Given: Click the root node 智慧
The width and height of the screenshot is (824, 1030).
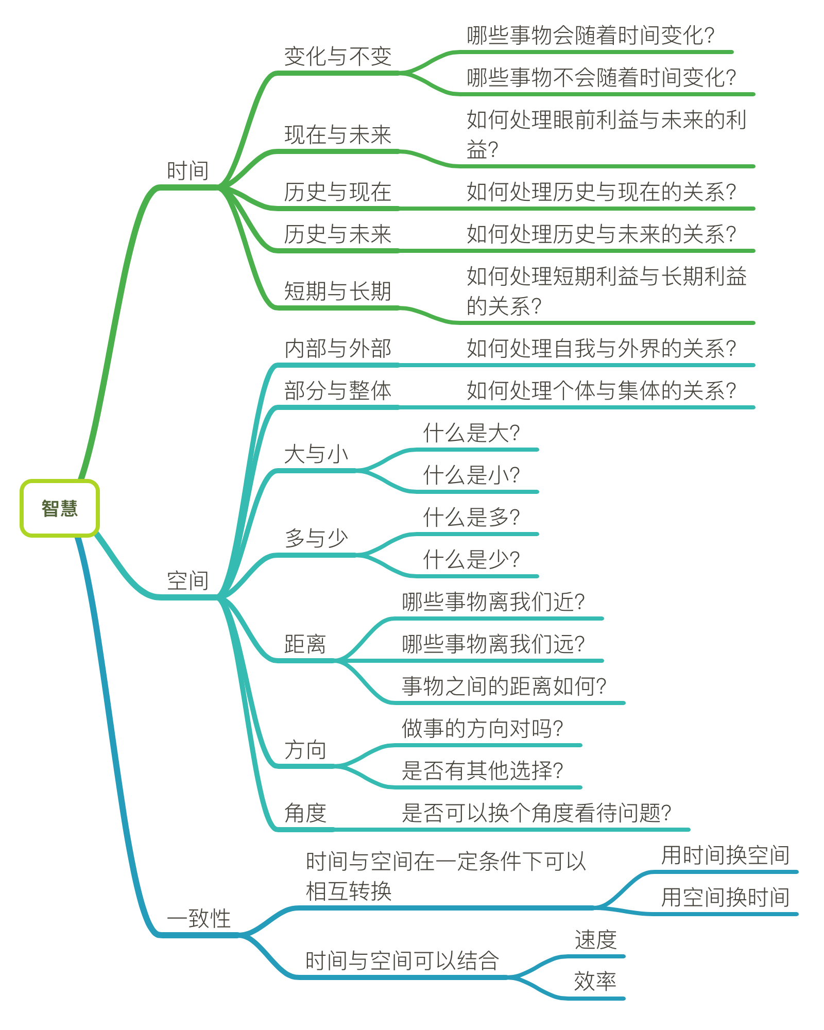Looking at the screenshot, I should (59, 508).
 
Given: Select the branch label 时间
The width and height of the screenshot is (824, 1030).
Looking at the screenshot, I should (187, 171).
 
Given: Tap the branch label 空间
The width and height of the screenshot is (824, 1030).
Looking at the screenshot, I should (187, 581).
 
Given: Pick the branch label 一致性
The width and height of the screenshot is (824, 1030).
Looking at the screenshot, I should (199, 919).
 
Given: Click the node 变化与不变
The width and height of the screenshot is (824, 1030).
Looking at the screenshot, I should (338, 57).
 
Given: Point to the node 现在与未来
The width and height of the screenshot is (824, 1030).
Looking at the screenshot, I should (338, 135).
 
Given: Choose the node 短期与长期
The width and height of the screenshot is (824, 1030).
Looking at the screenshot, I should (338, 291).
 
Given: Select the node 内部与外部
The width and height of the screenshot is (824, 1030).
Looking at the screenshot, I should (338, 349).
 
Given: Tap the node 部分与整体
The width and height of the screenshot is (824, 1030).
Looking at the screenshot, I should (338, 391).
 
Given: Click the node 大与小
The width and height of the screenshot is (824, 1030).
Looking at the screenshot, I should (316, 454).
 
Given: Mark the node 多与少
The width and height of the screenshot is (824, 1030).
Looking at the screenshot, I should (316, 539).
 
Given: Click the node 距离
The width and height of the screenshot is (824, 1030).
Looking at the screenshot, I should (305, 644).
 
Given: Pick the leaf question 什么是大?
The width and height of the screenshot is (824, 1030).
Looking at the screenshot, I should (471, 433).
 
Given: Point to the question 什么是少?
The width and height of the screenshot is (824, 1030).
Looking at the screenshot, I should (471, 560).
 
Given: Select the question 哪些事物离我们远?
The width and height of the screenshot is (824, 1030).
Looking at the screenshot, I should (493, 644).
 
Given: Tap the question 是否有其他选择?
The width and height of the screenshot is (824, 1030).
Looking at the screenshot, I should (482, 771).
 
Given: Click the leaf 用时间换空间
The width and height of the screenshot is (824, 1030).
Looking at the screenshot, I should (725, 855).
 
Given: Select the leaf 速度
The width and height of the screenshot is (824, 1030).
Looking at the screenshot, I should (595, 940).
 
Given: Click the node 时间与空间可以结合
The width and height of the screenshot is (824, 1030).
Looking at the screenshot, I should (402, 961).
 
